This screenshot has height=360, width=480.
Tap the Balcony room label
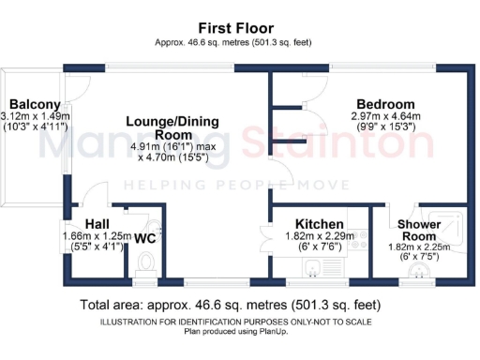(x=35, y=104)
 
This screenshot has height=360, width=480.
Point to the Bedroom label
(x=384, y=104)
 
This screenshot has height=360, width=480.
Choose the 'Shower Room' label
(x=418, y=231)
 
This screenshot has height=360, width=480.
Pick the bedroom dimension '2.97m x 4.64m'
(x=384, y=117)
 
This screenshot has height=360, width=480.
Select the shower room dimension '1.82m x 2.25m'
(x=418, y=247)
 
